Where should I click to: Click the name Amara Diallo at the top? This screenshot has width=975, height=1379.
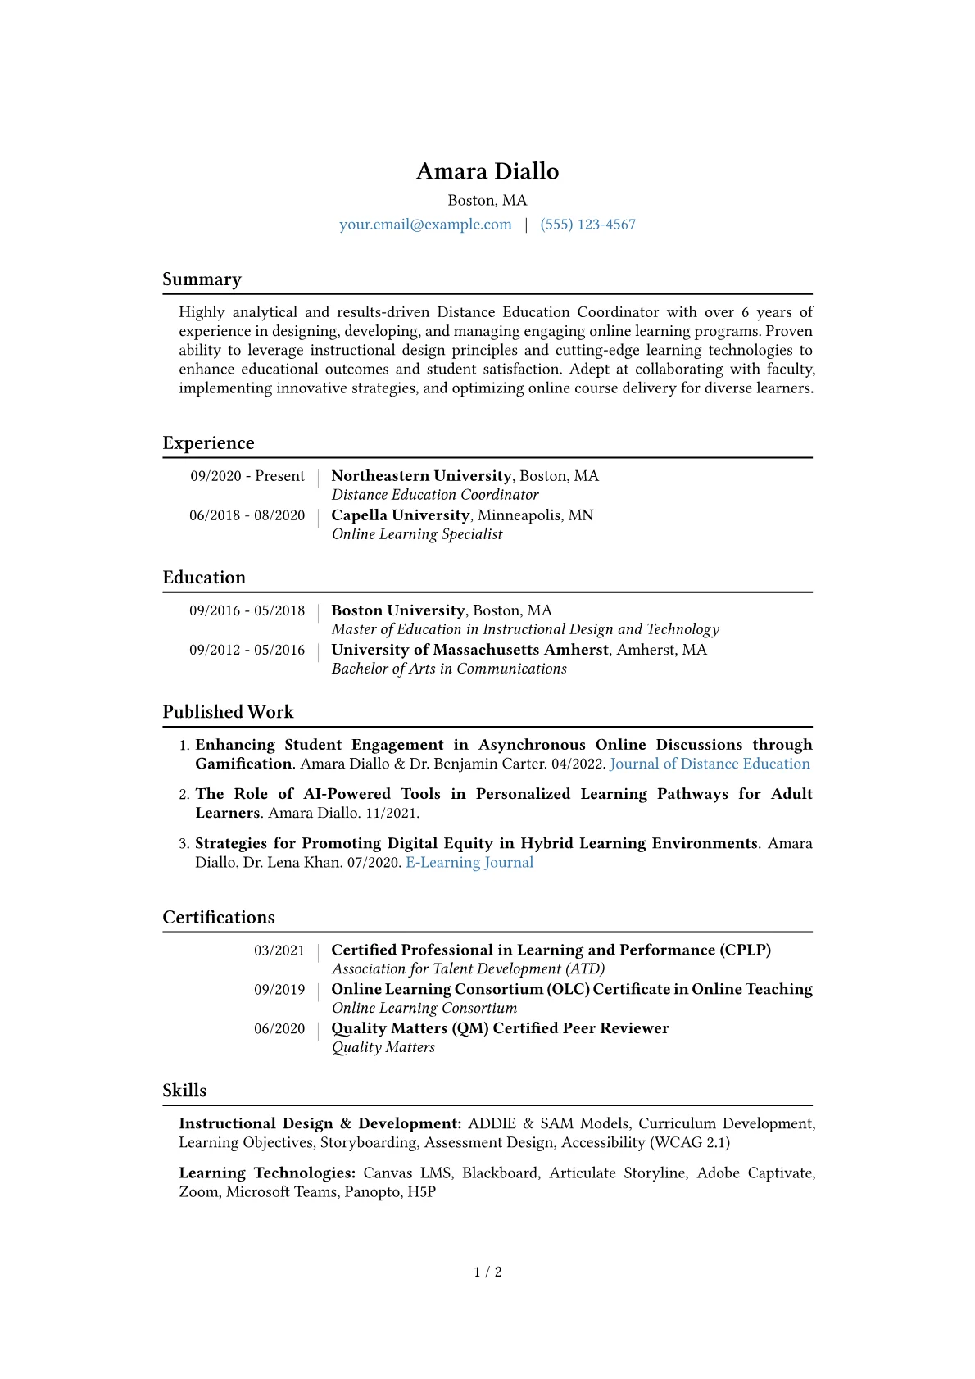tap(487, 171)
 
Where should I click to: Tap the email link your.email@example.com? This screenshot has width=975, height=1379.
tap(425, 225)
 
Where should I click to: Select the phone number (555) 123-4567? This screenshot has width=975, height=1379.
tap(587, 225)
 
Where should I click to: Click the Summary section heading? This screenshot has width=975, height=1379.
tap(202, 279)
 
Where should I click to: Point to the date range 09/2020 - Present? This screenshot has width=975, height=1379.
tap(247, 476)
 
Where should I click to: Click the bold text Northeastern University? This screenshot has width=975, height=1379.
tap(421, 476)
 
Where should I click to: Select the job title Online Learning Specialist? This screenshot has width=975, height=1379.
tap(417, 534)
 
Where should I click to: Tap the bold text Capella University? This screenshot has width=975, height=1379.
tap(400, 515)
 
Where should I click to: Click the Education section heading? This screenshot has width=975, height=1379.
tap(204, 578)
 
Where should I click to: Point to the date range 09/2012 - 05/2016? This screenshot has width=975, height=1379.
tap(247, 650)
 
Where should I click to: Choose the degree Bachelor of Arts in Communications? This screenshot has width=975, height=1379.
tap(449, 669)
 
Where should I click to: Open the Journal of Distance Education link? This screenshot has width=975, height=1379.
tap(710, 764)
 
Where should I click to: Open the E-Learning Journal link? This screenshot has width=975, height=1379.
tap(469, 862)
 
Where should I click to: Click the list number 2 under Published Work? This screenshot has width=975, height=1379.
tap(184, 795)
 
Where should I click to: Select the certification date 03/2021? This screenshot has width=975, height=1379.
tap(279, 950)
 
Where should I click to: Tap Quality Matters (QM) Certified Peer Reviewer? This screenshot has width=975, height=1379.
tap(500, 1028)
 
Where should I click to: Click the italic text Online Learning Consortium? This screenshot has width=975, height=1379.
tap(424, 1008)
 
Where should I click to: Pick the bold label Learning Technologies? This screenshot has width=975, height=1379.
tap(267, 1173)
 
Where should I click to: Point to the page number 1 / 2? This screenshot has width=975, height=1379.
tap(487, 1272)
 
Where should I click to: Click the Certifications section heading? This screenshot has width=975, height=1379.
tap(219, 918)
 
